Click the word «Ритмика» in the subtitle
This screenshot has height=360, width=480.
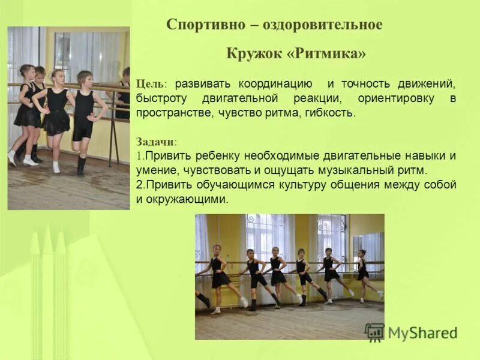(x=327, y=53)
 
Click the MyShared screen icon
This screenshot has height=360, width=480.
(x=374, y=332)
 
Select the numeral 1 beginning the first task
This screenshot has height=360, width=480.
(x=139, y=156)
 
